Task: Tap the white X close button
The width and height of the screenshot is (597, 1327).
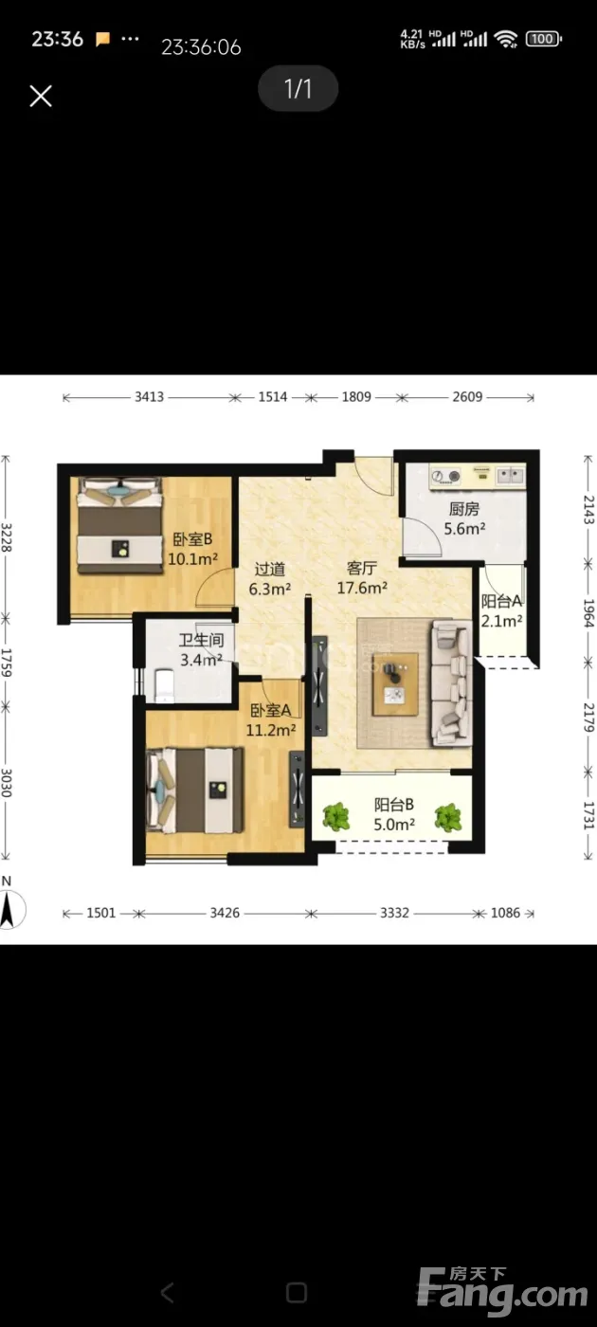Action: coord(41,96)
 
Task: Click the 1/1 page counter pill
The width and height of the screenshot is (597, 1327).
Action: coord(298,88)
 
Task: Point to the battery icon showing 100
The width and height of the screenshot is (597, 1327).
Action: coord(543,39)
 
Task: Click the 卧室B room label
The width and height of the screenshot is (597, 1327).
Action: coord(192,539)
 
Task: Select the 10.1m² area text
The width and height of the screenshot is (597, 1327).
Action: coord(192,558)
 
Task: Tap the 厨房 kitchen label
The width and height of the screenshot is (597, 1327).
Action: coord(464,509)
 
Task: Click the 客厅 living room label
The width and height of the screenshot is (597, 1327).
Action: coord(362,568)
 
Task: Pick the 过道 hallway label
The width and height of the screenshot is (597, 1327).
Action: coord(270,570)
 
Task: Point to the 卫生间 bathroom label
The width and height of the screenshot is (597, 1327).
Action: coord(201,640)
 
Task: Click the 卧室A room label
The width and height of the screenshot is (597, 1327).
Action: coord(271,710)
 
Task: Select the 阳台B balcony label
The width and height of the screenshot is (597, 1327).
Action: coord(394,805)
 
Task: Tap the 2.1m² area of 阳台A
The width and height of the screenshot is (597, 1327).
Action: coord(501,621)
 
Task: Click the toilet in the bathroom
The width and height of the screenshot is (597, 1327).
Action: coord(164,686)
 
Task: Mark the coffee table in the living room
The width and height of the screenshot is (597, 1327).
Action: coord(396,684)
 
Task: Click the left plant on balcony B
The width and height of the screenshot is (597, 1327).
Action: coord(336,817)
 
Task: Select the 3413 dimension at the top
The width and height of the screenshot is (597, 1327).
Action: coord(150,397)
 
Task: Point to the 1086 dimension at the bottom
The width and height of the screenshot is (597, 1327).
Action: coord(505,913)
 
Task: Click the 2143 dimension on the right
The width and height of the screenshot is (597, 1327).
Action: coord(588,510)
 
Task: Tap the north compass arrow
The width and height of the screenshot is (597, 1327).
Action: coord(8,909)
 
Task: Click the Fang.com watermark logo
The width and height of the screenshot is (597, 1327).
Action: coord(502,1287)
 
